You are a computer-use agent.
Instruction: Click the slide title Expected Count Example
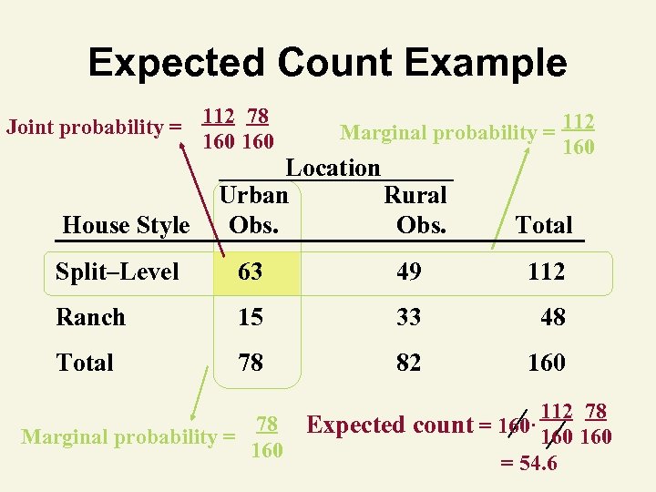click(327, 63)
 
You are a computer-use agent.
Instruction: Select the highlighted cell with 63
click(251, 272)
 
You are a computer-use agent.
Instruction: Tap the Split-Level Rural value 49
click(409, 272)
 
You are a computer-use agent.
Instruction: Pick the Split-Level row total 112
click(546, 272)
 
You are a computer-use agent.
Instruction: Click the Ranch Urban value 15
click(251, 317)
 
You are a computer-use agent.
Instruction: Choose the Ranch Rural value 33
click(409, 317)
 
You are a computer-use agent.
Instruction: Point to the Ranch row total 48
click(552, 317)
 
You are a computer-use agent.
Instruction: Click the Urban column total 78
click(251, 363)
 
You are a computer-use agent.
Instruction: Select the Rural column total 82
click(409, 363)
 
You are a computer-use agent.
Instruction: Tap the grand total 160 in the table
click(546, 363)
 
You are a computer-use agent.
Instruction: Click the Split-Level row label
click(118, 272)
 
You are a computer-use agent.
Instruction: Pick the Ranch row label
click(90, 317)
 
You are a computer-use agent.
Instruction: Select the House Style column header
click(126, 225)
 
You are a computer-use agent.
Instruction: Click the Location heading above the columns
click(333, 168)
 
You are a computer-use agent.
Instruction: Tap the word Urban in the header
click(253, 195)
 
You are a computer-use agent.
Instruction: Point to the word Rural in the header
click(415, 195)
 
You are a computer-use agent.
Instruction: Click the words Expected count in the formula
click(391, 425)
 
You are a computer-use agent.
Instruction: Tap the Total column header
click(544, 225)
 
